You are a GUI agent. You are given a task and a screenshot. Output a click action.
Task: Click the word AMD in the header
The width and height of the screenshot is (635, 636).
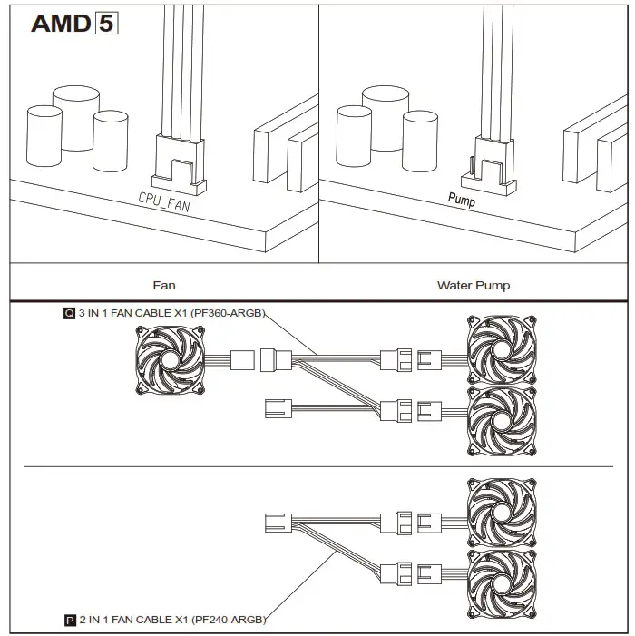60,23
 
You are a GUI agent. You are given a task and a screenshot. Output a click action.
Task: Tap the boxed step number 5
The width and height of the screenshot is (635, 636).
106,23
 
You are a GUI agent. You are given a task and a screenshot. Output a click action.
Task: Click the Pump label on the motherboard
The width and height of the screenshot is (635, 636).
462,198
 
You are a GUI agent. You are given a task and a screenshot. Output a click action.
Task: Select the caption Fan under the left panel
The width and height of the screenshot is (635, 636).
164,285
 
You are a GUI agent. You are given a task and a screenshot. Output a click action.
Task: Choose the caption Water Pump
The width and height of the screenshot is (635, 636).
474,285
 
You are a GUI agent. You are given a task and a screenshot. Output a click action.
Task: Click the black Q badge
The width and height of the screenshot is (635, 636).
69,314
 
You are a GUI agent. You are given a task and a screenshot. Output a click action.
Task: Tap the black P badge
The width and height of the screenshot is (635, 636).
69,621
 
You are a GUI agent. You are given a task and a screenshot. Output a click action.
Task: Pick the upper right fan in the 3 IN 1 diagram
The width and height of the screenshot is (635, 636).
501,349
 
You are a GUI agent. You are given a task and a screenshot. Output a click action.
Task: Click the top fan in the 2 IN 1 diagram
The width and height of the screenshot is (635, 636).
501,513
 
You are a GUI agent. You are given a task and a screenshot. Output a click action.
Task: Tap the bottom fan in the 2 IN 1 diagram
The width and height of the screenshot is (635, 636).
501,583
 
